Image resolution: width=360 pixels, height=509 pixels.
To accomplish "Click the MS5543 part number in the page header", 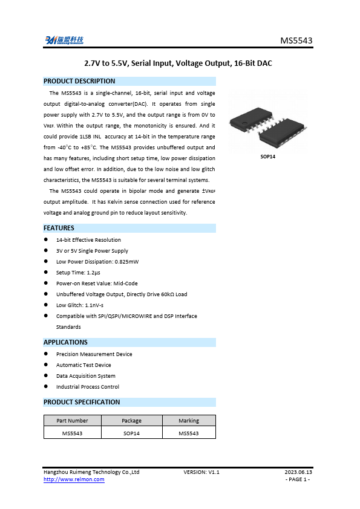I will click(296, 41).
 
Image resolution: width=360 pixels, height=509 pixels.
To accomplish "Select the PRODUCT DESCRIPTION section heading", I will click(79, 81).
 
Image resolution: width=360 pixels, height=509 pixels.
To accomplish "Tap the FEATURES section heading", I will click(59, 228).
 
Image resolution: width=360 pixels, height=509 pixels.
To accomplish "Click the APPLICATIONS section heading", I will click(65, 342).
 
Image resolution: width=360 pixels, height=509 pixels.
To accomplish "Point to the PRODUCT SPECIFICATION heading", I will click(82, 402).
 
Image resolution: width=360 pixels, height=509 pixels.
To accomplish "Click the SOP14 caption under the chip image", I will click(268, 157).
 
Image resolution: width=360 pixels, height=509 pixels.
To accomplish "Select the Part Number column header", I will click(72, 421).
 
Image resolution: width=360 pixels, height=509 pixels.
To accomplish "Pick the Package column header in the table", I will click(131, 421).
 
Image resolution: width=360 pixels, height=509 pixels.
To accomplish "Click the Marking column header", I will click(189, 421).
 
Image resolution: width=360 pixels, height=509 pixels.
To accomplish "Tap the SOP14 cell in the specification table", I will click(131, 433).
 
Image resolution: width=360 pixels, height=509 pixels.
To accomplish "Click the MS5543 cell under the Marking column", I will click(189, 433).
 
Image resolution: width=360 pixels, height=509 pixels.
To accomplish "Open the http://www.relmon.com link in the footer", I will click(74, 479).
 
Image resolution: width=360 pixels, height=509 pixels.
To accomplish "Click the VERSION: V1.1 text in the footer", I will click(201, 472).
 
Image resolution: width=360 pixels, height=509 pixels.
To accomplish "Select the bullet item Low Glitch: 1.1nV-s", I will click(80, 305).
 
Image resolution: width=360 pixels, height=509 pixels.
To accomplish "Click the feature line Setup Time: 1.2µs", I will click(79, 273).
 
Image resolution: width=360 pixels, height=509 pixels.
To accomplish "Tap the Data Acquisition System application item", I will click(85, 376).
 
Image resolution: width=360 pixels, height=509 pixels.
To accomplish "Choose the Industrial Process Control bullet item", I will click(88, 387).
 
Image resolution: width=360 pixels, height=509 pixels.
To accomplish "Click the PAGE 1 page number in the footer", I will click(298, 479).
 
